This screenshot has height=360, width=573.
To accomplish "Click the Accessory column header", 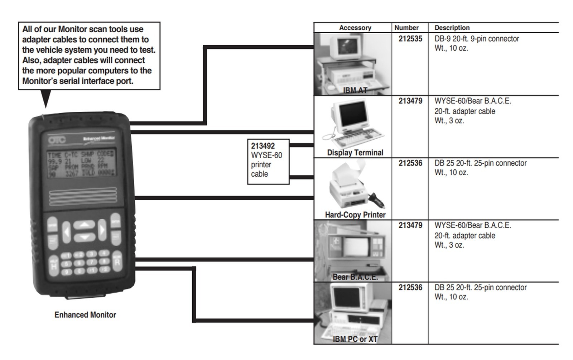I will (355, 28).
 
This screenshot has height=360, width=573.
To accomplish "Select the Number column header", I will (406, 28).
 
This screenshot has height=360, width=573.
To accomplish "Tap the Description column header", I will (452, 28).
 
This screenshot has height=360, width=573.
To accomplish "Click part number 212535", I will (410, 39).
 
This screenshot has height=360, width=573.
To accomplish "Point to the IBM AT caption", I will (355, 90).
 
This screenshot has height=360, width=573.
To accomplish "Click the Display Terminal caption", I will (355, 153).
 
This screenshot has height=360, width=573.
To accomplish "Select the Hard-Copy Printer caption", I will (355, 215).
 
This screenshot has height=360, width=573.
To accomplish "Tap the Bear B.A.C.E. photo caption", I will (355, 277).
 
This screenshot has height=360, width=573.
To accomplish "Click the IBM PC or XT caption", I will (355, 339).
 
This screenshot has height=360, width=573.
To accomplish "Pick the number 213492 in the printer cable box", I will (263, 146).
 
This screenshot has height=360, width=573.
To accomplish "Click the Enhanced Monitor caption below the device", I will (85, 315).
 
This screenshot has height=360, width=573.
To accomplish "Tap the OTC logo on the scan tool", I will (57, 140).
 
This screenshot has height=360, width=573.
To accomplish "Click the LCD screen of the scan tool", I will (81, 164).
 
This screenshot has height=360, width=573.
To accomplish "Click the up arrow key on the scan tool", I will (84, 225).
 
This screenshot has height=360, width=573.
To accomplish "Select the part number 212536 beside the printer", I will (410, 163).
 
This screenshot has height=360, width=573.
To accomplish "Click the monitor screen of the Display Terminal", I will (352, 113).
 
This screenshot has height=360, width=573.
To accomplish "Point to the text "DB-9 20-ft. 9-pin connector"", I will (477, 39).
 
